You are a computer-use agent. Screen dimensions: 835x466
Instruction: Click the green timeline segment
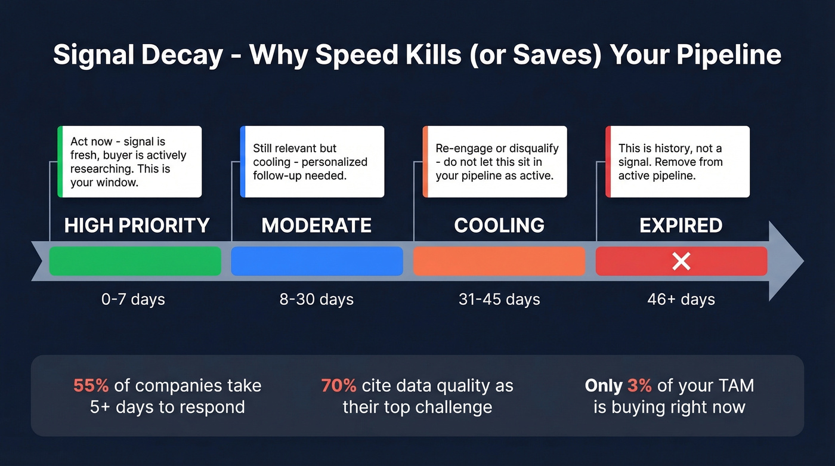pos(135,261)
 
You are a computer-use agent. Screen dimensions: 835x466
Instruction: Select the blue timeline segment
pos(317,261)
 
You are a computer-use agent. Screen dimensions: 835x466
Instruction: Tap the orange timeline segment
pos(499,261)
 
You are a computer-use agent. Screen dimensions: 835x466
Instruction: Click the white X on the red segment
pos(681,261)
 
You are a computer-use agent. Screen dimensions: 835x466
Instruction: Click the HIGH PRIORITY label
pos(137,226)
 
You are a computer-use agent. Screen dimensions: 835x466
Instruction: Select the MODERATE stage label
pos(317,226)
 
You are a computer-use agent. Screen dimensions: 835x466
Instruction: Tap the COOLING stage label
pos(499,226)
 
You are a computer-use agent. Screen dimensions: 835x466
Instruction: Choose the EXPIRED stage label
pos(681,226)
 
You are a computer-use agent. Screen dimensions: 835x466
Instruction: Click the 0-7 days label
pos(133,300)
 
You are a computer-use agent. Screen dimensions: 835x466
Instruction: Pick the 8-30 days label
pos(317,300)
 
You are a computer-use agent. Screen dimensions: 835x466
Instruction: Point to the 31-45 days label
pos(499,300)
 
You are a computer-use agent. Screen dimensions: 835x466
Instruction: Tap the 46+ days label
pos(681,300)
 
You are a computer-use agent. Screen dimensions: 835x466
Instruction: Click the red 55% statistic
pos(91,386)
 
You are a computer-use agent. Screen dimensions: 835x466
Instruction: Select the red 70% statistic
pos(339,386)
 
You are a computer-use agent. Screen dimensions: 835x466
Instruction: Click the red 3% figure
pos(639,386)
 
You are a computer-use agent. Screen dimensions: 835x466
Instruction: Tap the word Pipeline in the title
pos(729,55)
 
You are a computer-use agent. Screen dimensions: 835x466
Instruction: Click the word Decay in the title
pos(183,55)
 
